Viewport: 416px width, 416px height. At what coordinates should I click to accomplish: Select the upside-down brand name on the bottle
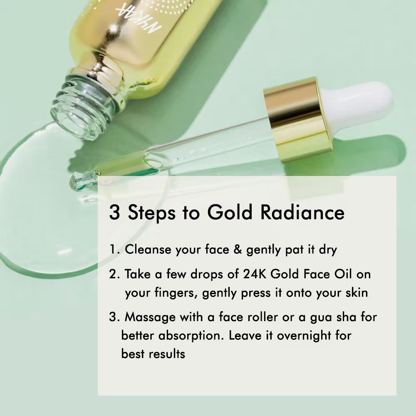click(x=139, y=20)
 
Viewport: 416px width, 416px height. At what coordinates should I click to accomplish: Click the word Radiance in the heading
click(x=302, y=212)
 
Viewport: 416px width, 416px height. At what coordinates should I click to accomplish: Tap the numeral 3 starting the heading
click(x=114, y=212)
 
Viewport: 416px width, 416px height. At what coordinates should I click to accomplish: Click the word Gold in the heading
click(x=230, y=212)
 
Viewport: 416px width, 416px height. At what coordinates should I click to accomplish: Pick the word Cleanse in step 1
click(x=148, y=250)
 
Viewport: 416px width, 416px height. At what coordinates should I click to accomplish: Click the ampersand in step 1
click(x=238, y=250)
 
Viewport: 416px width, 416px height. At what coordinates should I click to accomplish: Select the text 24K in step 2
click(x=255, y=274)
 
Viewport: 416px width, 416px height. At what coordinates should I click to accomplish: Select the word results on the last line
click(x=167, y=354)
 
